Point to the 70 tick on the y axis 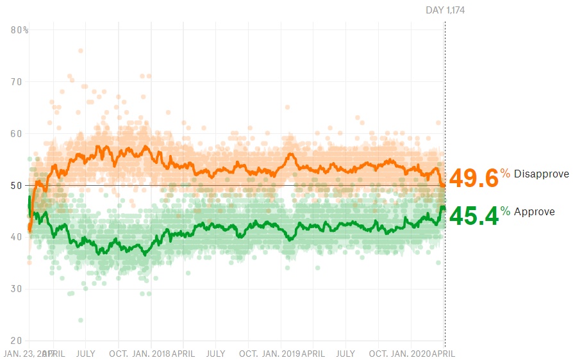[17, 81]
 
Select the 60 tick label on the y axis [17, 133]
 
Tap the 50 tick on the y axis [17, 185]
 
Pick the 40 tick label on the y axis [17, 237]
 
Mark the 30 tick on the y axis [17, 289]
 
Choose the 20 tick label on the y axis [17, 341]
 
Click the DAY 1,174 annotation [445, 10]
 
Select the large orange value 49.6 [474, 179]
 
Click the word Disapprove [542, 174]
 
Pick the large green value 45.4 [474, 216]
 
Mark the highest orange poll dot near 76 [81, 51]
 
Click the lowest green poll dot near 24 [81, 320]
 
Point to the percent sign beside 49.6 [506, 174]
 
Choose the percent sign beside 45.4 [506, 211]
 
